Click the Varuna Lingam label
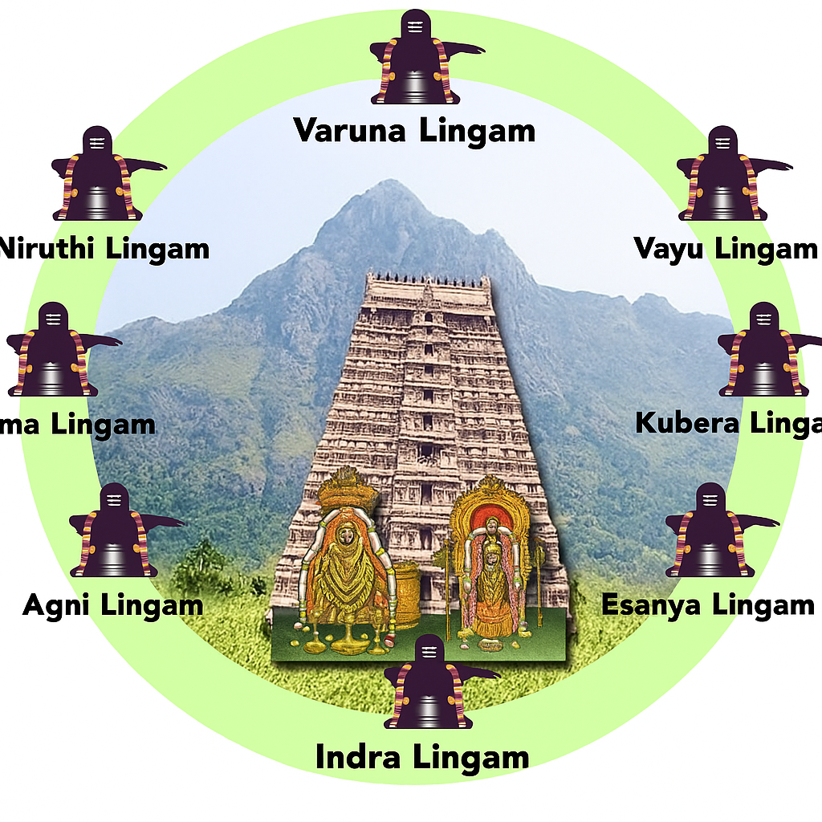pos(414,130)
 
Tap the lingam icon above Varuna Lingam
pos(416,60)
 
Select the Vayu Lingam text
pos(725,248)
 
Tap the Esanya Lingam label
pos(708,604)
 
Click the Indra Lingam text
pos(421,756)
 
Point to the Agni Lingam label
pos(112,604)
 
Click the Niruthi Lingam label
pos(104,248)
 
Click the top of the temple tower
pos(428,281)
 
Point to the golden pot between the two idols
pos(408,594)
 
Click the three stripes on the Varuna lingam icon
pos(415,27)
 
